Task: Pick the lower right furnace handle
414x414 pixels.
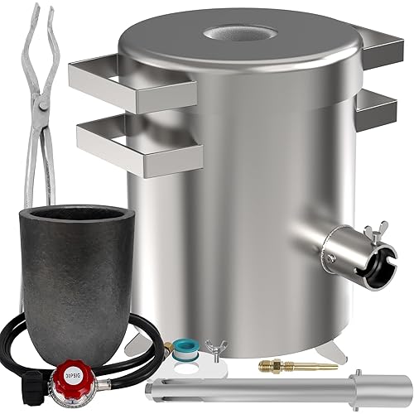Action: tap(378, 106)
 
